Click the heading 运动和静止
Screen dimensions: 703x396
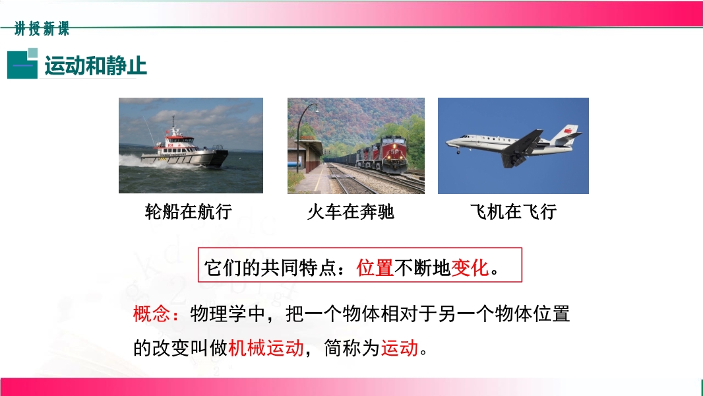[96, 66]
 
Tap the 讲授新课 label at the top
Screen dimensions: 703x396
[42, 28]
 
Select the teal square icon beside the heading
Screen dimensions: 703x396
[22, 63]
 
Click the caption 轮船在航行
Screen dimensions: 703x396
[189, 211]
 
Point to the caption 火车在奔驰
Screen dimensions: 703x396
[351, 211]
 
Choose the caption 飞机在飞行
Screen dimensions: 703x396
[513, 211]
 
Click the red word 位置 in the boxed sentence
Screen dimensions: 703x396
[375, 268]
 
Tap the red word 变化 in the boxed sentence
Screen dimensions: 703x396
[470, 268]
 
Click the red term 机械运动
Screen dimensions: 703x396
[266, 348]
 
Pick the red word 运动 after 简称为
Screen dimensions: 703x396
[400, 348]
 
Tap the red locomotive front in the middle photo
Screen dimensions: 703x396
[393, 154]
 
